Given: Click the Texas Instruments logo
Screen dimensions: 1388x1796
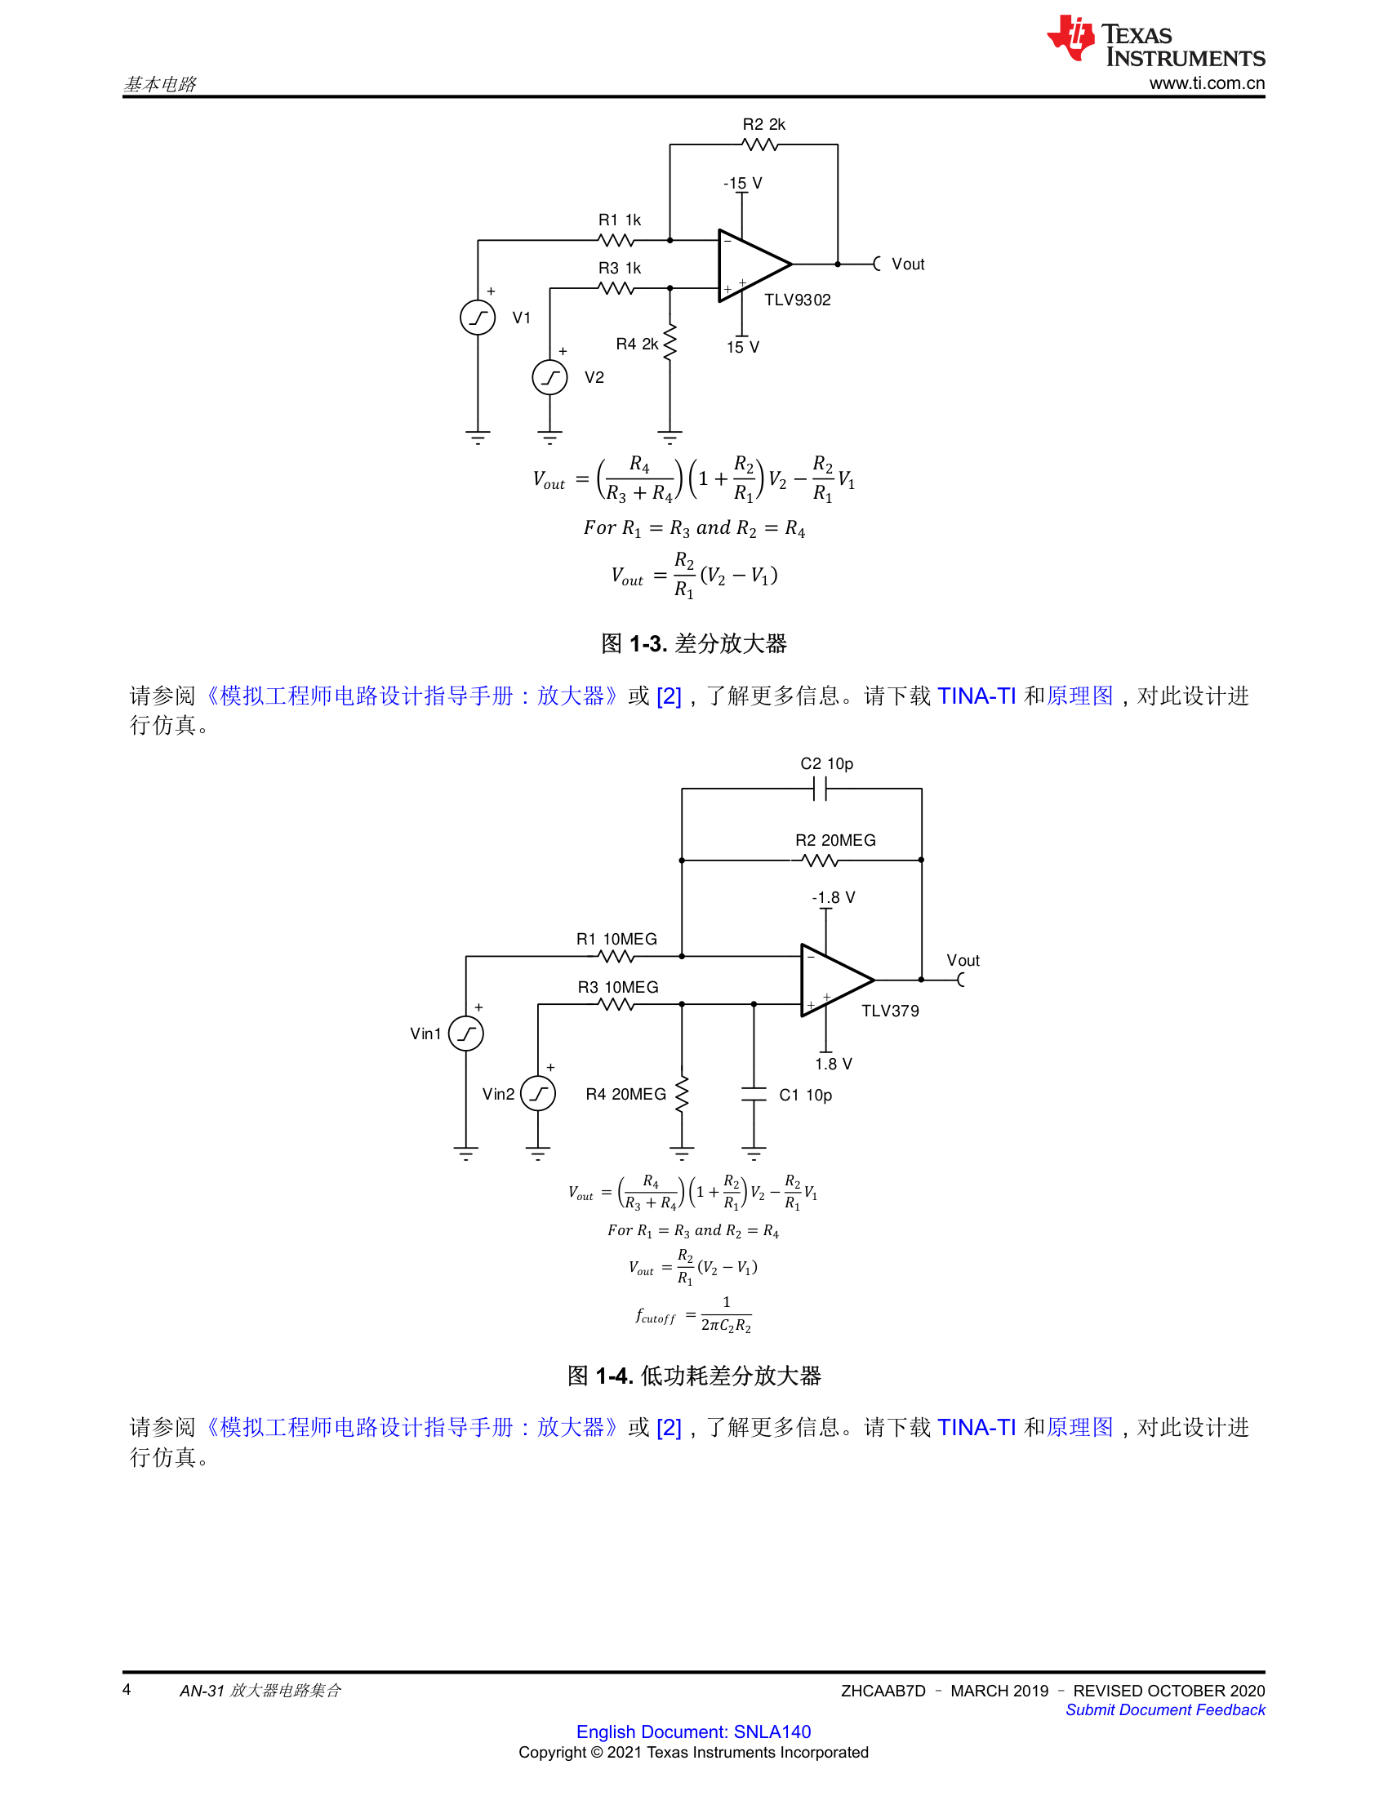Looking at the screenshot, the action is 1155,39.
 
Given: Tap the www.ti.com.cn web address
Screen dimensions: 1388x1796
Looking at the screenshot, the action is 1206,83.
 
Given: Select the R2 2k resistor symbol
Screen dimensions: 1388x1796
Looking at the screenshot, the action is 760,144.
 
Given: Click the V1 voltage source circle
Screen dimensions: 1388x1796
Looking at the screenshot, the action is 478,318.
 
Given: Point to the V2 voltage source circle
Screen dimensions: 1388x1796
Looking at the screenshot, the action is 550,377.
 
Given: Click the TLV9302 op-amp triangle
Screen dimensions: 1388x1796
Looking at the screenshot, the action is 754,265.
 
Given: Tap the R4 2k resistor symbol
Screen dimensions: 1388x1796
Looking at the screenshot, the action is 670,342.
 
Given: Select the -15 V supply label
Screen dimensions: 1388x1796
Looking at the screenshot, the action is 742,183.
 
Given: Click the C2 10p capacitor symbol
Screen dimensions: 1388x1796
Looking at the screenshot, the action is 820,789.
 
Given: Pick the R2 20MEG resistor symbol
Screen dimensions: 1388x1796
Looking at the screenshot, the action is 820,860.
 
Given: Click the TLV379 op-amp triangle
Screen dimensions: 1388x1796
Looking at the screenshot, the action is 837,980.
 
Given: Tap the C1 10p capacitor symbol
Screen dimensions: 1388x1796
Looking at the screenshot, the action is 754,1094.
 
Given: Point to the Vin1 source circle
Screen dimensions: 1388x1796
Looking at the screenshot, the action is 466,1034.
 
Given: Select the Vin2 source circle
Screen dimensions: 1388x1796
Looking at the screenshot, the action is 539,1094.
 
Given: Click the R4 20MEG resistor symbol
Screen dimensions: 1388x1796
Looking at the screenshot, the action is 682,1094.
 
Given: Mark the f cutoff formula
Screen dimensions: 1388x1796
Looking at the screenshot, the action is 693,1314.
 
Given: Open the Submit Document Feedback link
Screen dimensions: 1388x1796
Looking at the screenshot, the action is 1165,1709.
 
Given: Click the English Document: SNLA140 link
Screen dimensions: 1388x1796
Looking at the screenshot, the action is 693,1731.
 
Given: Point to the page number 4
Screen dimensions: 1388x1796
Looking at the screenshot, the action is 127,1689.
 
